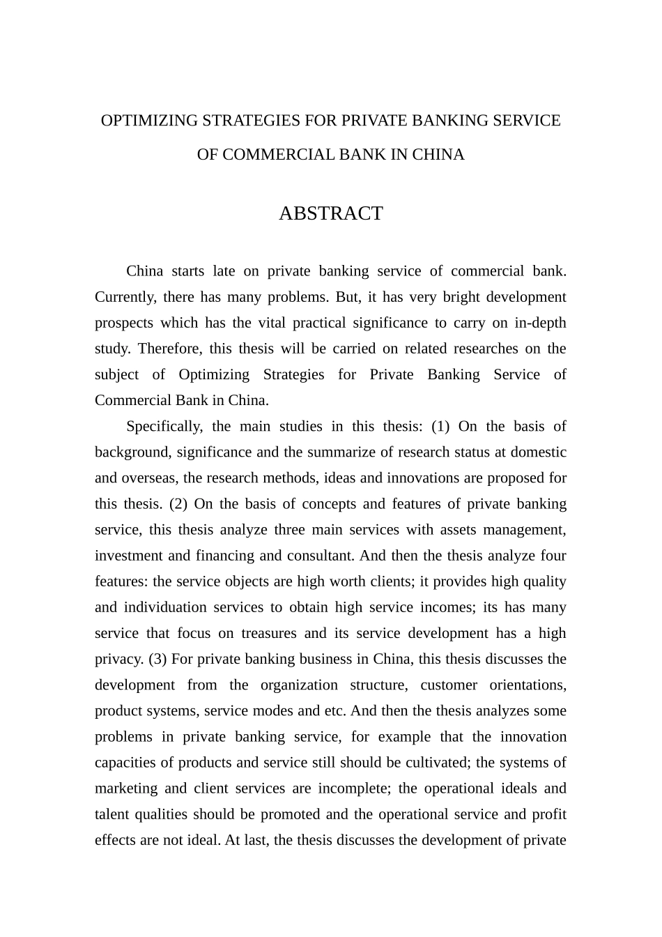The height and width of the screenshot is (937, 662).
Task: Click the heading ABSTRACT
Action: (330, 213)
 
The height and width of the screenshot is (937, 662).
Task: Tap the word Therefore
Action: (168, 349)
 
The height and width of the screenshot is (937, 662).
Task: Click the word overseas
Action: (147, 478)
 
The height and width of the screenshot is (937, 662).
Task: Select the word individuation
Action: (165, 607)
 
